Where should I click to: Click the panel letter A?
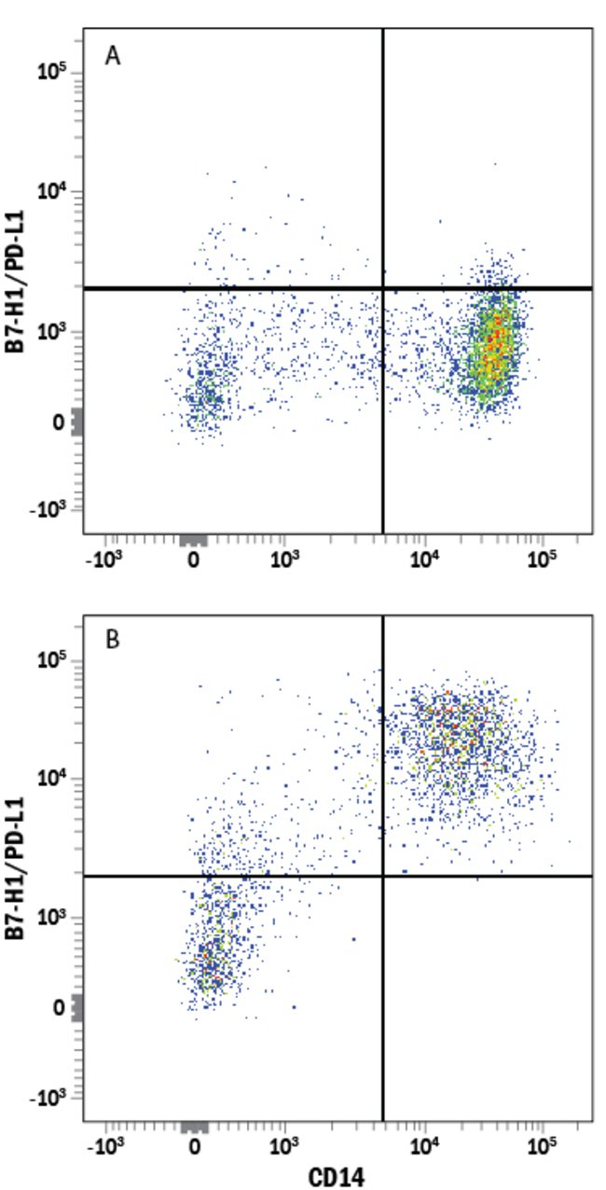pyautogui.click(x=113, y=57)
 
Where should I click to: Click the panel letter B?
pyautogui.click(x=113, y=643)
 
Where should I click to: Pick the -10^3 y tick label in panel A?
pyautogui.click(x=50, y=511)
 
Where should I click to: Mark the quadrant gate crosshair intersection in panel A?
pyautogui.click(x=383, y=288)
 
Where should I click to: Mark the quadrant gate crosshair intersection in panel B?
pyautogui.click(x=383, y=876)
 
